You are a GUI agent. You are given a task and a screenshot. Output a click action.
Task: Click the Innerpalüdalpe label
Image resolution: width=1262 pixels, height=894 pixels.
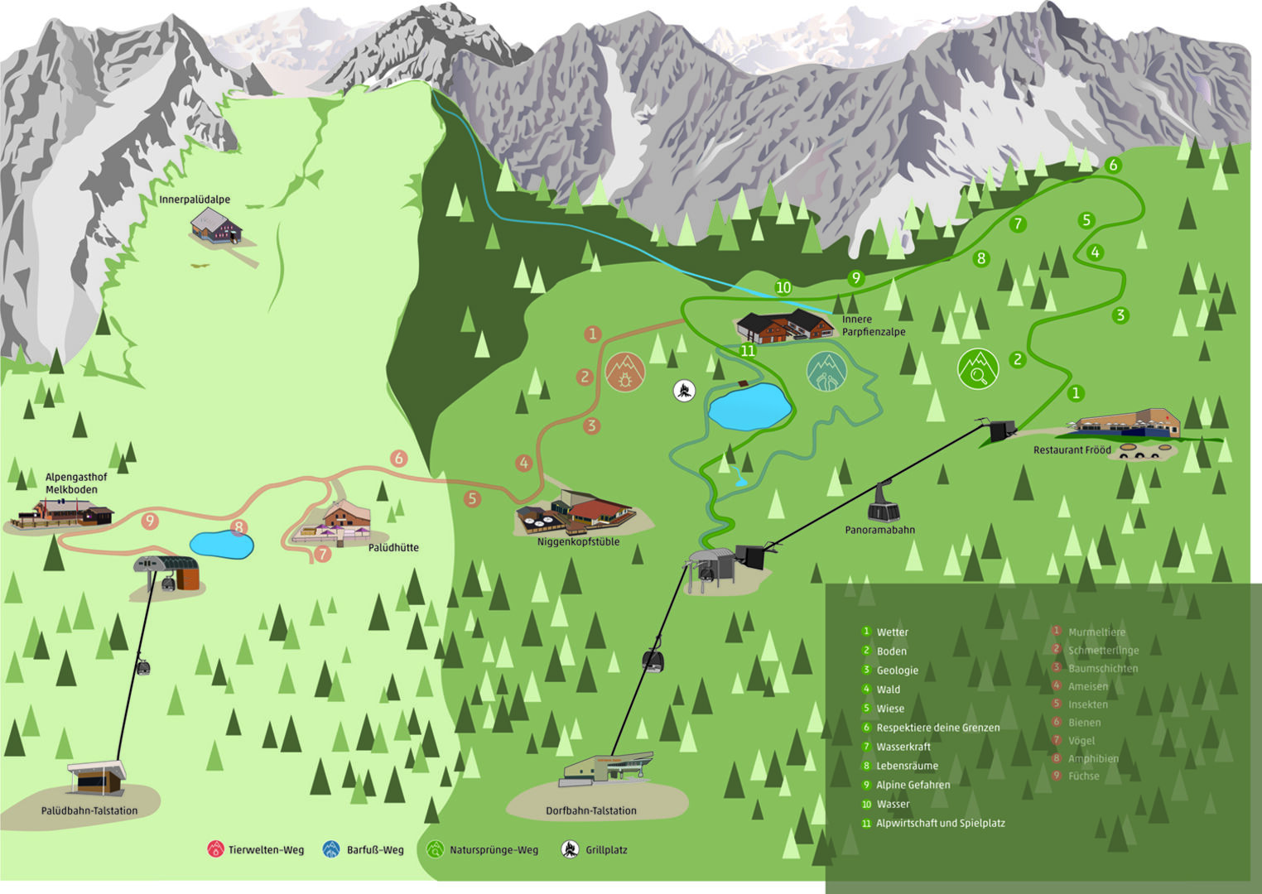click(x=195, y=199)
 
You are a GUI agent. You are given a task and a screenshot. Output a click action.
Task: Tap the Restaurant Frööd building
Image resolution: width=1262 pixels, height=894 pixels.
click(x=1126, y=423)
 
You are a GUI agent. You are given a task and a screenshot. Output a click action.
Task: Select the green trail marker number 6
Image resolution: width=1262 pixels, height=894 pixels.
click(x=1113, y=165)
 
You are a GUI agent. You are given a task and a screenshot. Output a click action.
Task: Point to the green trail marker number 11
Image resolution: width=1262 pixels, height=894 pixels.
click(x=748, y=350)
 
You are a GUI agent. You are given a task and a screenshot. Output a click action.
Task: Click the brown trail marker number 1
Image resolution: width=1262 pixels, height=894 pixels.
click(x=592, y=334)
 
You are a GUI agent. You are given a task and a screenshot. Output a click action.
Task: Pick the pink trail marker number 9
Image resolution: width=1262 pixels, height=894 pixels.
click(x=149, y=521)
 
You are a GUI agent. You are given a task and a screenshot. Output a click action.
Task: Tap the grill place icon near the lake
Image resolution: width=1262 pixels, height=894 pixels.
click(x=684, y=391)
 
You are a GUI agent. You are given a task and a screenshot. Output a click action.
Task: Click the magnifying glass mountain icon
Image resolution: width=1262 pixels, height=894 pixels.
click(x=978, y=368)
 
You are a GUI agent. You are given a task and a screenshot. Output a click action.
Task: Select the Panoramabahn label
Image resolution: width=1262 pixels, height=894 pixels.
click(x=879, y=530)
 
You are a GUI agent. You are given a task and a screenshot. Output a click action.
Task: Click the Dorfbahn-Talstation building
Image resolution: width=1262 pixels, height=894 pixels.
click(x=608, y=769)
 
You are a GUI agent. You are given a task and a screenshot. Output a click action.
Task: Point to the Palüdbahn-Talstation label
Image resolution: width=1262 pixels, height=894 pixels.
click(x=89, y=810)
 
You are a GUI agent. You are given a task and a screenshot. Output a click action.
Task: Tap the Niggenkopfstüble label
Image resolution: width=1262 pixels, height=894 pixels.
click(x=578, y=542)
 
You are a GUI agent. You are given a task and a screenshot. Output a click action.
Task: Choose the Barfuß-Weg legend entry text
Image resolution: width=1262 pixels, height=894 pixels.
click(x=375, y=850)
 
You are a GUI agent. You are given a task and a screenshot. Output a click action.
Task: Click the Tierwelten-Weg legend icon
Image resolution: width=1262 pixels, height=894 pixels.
click(x=215, y=849)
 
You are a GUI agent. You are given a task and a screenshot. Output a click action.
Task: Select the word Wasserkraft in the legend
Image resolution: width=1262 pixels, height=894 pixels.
click(x=903, y=747)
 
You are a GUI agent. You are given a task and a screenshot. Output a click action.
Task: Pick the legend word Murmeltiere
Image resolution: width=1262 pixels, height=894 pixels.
click(x=1096, y=632)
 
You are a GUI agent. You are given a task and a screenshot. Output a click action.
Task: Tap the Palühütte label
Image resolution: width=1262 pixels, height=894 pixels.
click(x=393, y=548)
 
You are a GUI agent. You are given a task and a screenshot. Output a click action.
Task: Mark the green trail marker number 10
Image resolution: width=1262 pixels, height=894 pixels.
click(x=783, y=287)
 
